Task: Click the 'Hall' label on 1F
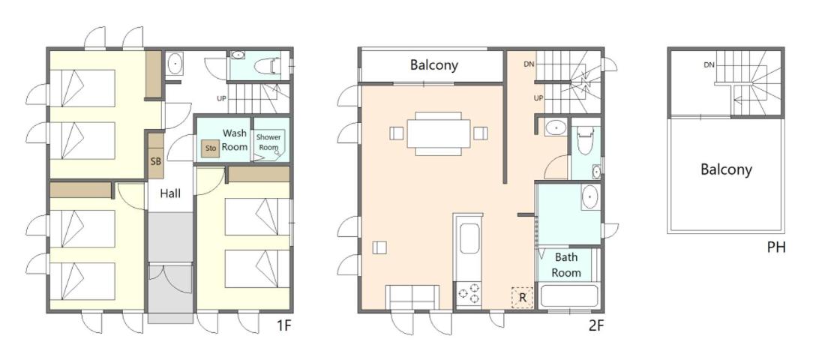(170, 193)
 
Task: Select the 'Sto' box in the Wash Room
(211, 148)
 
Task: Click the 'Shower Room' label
(268, 142)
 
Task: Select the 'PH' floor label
(776, 248)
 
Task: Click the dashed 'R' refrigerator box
(522, 298)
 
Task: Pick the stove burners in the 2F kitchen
(469, 293)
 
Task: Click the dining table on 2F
(438, 133)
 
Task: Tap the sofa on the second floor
(412, 297)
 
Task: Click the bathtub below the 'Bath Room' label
(568, 296)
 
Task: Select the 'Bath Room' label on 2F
(566, 265)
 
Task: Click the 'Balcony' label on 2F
(434, 65)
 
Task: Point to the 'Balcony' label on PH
(726, 169)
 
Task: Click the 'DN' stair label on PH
(709, 64)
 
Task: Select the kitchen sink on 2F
(469, 238)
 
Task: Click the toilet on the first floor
(268, 67)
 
